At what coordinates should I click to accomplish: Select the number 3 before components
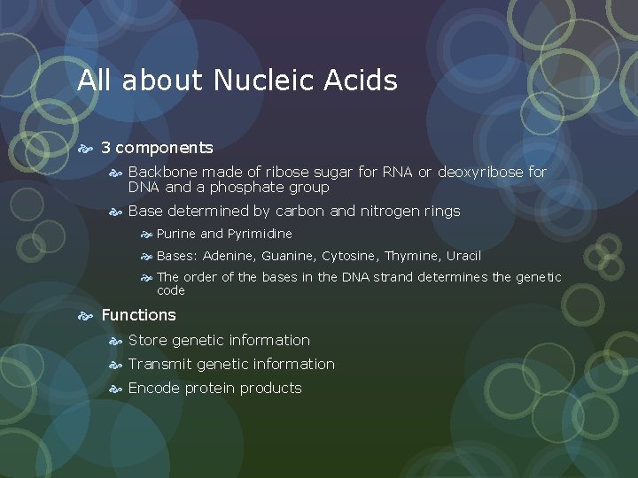click(x=105, y=148)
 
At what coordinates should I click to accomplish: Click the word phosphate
click(x=247, y=188)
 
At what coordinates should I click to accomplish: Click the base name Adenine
click(x=230, y=256)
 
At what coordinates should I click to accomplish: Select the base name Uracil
click(x=463, y=256)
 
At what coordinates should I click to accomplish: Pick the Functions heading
click(x=138, y=315)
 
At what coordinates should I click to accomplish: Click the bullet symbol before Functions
click(x=87, y=315)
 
